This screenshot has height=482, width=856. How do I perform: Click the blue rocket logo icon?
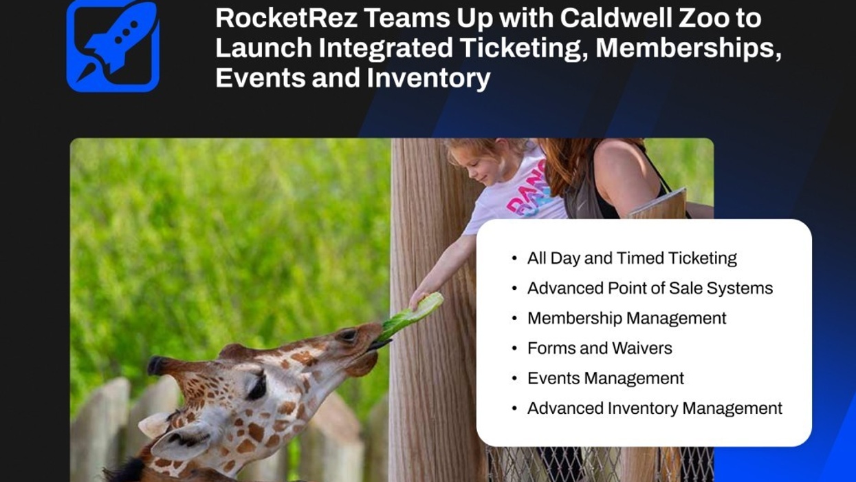click(x=113, y=45)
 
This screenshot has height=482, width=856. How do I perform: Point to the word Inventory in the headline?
click(x=428, y=78)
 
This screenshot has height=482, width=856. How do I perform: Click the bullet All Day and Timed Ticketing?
click(x=631, y=258)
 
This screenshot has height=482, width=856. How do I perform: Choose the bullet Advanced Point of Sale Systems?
click(x=650, y=288)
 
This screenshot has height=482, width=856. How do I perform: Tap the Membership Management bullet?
click(x=626, y=318)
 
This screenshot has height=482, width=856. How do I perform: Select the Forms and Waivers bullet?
click(x=599, y=348)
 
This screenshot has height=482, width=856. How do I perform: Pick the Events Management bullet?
click(x=605, y=378)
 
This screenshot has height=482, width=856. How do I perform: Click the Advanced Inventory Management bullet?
click(x=654, y=408)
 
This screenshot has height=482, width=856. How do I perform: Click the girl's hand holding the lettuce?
click(x=418, y=298)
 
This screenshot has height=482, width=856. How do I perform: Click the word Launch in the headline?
click(x=261, y=48)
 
